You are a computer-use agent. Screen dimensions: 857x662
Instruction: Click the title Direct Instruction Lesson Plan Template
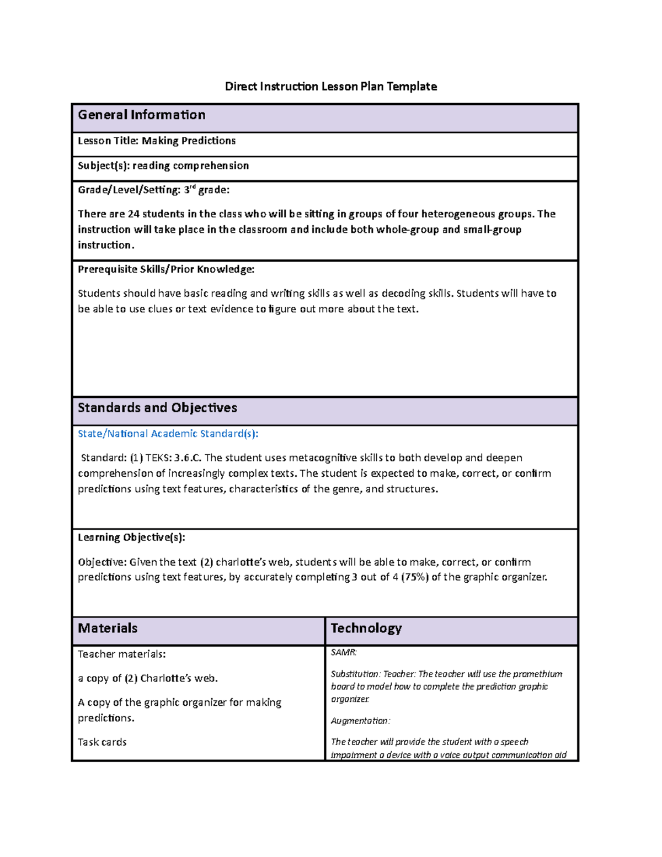[x=330, y=86]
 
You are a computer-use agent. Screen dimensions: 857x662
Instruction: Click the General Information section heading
[x=141, y=115]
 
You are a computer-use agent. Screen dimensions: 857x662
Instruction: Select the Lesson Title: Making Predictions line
[x=157, y=141]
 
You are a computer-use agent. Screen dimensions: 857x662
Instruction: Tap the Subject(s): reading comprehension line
[x=163, y=166]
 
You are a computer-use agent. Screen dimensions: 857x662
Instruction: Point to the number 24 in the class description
[x=134, y=214]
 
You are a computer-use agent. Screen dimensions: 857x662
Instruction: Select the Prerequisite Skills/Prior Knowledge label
[x=166, y=269]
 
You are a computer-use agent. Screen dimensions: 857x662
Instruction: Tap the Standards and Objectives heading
[x=157, y=408]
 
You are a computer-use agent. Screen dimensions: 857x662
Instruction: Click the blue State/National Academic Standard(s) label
[x=168, y=434]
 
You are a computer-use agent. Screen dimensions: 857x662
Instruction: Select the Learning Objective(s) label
[x=131, y=537]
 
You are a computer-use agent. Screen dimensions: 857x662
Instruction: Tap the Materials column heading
[x=108, y=628]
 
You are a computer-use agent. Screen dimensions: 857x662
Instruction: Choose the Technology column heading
[x=366, y=628]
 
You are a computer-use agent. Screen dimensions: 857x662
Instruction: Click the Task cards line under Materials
[x=102, y=742]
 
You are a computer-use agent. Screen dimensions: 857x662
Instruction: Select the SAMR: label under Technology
[x=344, y=652]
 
